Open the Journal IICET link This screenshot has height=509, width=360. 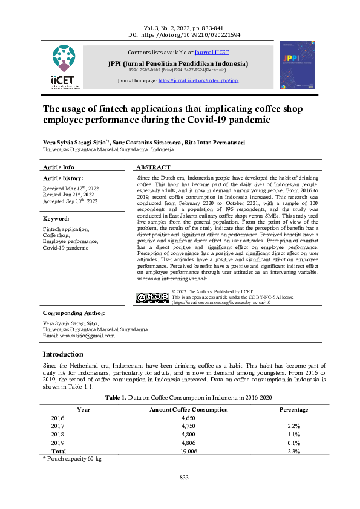click(212, 53)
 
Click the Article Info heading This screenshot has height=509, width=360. click(59, 167)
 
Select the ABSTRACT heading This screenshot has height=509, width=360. click(153, 167)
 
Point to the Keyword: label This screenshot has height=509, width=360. click(57, 218)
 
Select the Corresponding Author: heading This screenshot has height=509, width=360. click(74, 313)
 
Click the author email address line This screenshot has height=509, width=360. click(78, 336)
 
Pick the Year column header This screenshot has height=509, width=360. click(83, 410)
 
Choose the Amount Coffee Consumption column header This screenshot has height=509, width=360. click(188, 410)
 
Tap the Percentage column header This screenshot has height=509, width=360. click(293, 410)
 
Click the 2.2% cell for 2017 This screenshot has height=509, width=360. click(293, 426)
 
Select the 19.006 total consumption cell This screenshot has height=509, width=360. click(188, 451)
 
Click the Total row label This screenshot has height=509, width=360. click(59, 451)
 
